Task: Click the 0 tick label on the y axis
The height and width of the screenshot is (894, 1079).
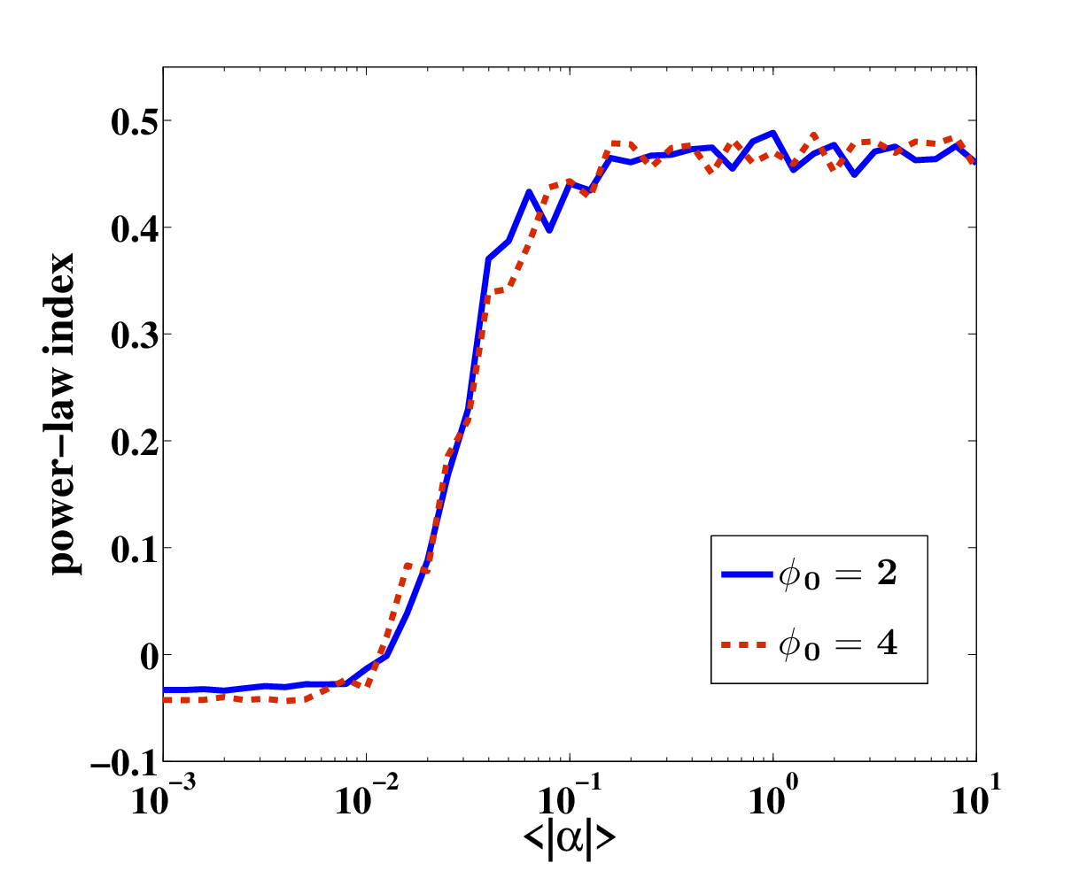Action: coord(149,657)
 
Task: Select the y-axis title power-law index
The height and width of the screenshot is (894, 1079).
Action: coord(61,413)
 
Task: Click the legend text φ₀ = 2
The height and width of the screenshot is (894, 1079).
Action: coord(838,574)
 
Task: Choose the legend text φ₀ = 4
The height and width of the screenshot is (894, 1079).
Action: coord(838,644)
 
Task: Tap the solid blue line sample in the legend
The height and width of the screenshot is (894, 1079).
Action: coord(747,574)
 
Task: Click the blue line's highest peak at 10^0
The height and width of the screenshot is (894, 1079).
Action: coord(773,133)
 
